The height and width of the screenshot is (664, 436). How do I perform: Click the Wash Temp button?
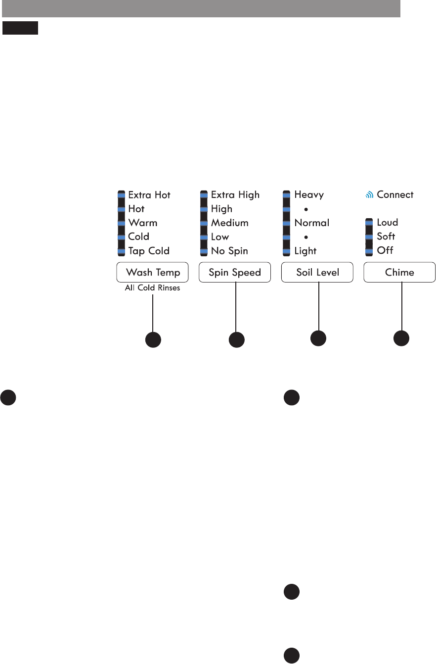152,272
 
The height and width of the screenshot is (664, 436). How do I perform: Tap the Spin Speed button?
235,272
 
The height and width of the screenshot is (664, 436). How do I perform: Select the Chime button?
399,272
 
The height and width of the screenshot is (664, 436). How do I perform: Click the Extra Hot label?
149,195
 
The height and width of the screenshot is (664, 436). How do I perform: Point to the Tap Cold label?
149,251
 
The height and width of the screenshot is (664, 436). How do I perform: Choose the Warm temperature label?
143,223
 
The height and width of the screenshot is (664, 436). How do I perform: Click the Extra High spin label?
235,195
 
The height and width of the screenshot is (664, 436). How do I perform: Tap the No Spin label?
229,251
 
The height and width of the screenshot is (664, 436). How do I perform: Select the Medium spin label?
230,223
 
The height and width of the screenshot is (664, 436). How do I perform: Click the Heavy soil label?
309,195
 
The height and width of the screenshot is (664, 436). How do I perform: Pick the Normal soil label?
312,223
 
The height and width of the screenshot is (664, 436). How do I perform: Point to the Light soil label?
305,251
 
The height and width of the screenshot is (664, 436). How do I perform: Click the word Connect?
395,195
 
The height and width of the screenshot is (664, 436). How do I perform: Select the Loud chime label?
388,223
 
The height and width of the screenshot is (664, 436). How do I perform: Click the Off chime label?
385,251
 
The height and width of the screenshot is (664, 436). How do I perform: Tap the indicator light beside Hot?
121,209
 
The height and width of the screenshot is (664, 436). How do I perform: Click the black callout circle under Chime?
401,339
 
